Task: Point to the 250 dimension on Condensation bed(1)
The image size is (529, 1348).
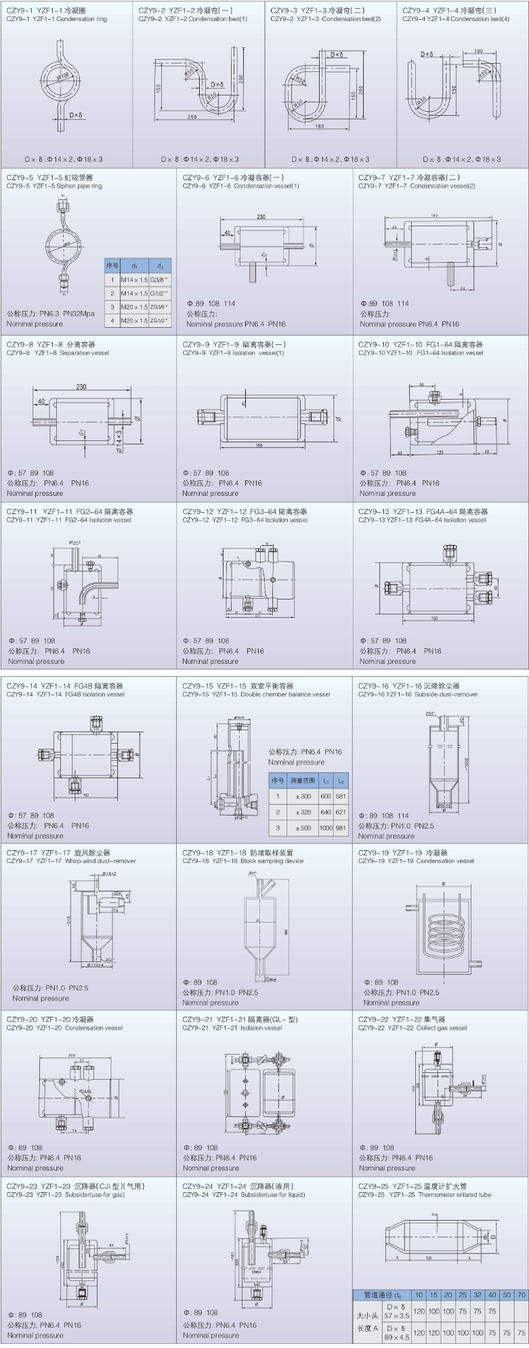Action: [192, 117]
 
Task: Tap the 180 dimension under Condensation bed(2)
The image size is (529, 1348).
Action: [320, 126]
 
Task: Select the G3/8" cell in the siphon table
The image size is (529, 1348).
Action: [160, 279]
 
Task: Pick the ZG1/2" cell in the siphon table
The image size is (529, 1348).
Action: [160, 320]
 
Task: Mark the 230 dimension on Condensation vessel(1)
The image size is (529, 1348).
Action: [261, 217]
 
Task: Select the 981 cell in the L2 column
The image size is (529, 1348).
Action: [341, 828]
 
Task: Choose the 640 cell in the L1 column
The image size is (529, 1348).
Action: [326, 812]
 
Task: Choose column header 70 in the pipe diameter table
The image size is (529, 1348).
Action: [521, 1295]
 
